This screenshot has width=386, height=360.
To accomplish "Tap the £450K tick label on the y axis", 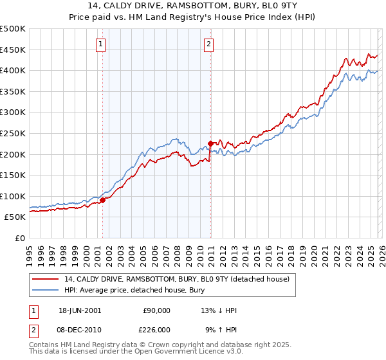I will [13, 50].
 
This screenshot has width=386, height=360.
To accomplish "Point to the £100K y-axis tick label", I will [13, 196].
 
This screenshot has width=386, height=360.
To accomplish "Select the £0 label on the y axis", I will [20, 238].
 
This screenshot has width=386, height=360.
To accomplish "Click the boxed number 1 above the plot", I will [102, 44].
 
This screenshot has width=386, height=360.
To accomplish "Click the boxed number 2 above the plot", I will [210, 44].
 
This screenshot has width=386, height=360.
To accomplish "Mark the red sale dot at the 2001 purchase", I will [102, 201].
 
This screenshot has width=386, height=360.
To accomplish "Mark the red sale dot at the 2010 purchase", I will [210, 143].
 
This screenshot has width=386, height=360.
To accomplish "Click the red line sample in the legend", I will [46, 279].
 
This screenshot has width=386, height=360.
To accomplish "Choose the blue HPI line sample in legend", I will [46, 290].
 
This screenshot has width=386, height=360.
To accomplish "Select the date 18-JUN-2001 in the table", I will [80, 310].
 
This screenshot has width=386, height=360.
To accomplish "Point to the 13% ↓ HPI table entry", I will [219, 310].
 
